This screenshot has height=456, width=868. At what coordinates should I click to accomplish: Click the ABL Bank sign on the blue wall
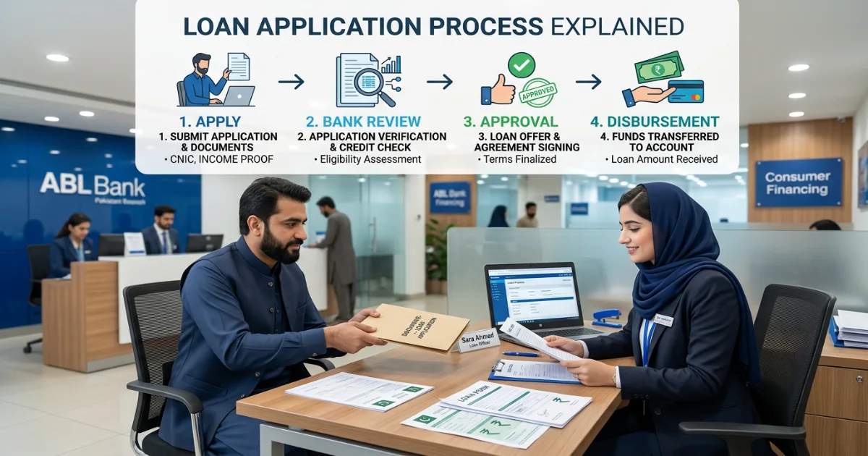[92, 186]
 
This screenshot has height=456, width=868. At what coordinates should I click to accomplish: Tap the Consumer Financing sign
[799, 182]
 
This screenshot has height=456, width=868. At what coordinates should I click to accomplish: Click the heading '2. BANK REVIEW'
[363, 122]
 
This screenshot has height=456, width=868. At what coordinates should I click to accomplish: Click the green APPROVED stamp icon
[537, 93]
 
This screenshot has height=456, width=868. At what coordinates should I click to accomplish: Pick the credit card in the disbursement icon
[686, 92]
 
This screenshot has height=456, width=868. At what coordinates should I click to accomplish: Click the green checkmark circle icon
[521, 65]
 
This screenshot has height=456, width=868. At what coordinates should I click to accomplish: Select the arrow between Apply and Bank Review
[291, 82]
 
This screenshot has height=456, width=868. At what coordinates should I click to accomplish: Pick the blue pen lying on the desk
[521, 354]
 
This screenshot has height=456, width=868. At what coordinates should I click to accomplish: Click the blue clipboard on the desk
[533, 371]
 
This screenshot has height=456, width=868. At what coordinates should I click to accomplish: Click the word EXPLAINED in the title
[616, 27]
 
